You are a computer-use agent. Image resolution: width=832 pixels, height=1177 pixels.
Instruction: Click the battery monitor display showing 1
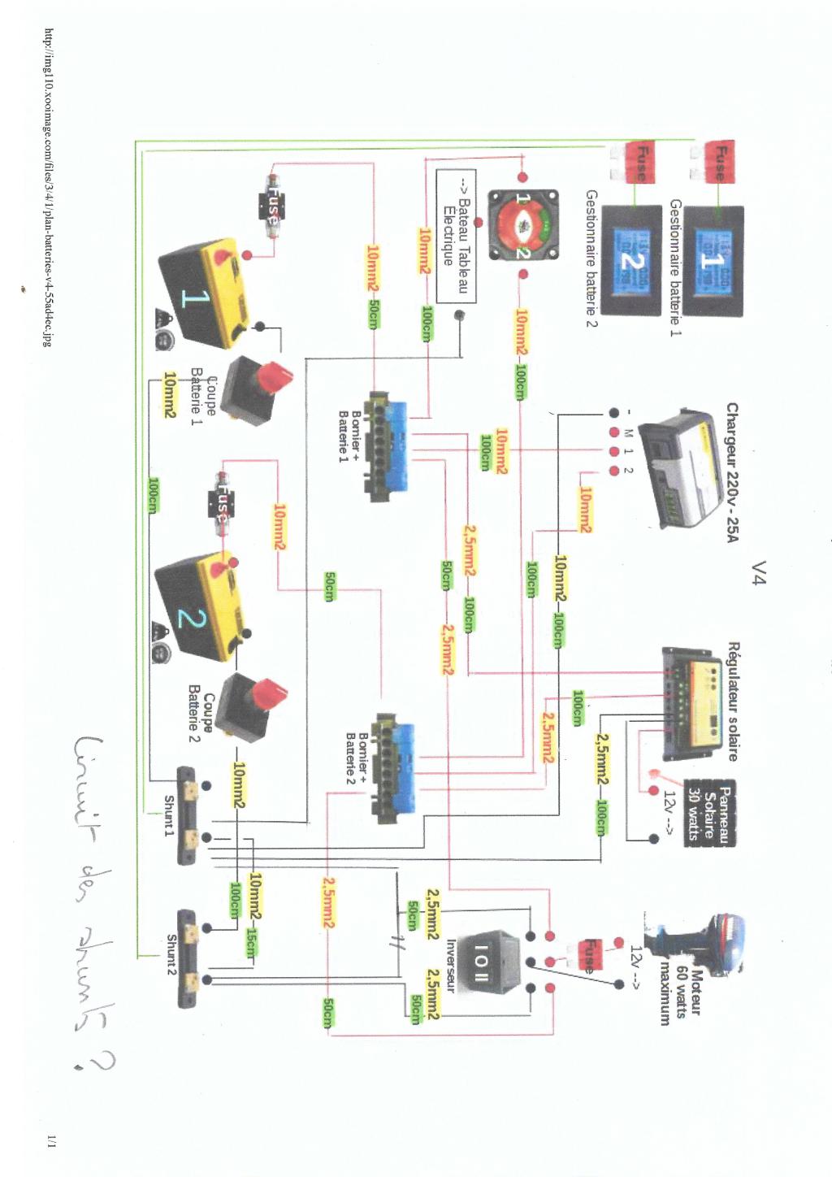712,260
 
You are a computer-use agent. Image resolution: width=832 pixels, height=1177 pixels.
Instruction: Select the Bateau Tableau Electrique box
456,236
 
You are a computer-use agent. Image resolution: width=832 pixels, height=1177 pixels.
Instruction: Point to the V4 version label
759,572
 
